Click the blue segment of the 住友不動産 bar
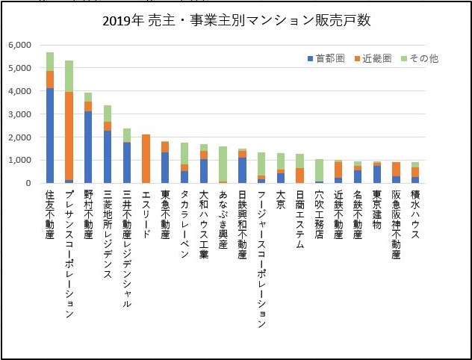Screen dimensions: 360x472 click(50, 135)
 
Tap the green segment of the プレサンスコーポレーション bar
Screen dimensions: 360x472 click(69, 76)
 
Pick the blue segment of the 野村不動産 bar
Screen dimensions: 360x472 click(89, 146)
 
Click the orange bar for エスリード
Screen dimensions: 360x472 click(146, 158)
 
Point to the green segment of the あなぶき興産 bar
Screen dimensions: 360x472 click(223, 164)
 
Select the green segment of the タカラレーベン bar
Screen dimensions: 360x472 click(184, 153)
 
